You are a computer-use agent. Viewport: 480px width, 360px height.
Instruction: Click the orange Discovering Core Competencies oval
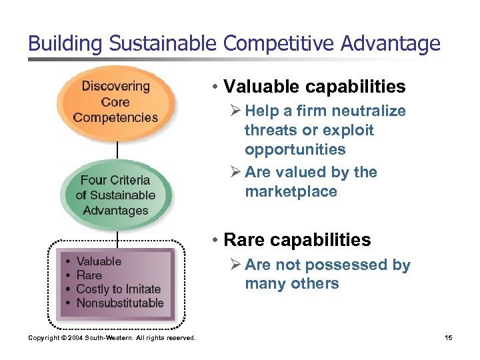116,101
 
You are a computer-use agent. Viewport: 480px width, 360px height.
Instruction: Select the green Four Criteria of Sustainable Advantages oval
116,195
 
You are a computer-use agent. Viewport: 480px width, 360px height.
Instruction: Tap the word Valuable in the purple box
99,261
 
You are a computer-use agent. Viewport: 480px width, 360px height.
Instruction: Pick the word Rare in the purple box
89,275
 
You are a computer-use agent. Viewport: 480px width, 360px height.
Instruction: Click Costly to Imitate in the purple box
119,289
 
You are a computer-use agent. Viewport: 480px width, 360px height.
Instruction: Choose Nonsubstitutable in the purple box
120,303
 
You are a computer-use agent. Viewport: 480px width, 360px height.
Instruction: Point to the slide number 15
448,338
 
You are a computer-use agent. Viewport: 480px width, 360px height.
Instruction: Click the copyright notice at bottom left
112,338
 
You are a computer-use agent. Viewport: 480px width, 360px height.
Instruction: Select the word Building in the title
63,44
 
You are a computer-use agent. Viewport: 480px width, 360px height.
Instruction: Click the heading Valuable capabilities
315,87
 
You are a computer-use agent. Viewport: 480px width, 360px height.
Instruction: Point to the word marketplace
291,191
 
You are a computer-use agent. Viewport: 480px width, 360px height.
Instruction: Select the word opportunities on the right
295,149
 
